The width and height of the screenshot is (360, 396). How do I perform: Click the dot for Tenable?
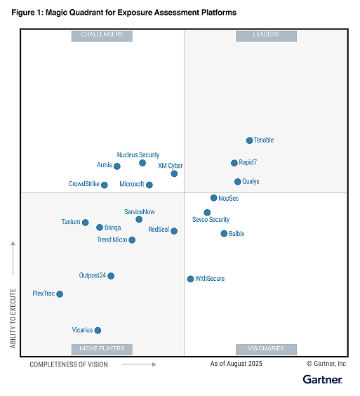(249, 140)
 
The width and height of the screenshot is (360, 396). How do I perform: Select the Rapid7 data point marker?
(234, 163)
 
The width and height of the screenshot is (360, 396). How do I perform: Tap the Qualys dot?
(237, 182)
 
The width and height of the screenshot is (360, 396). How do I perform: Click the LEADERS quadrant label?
(266, 35)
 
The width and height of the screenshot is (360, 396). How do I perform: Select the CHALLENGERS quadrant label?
(102, 35)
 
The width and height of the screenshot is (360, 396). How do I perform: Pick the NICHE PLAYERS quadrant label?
(102, 348)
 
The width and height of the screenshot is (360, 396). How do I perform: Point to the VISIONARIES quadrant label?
(266, 348)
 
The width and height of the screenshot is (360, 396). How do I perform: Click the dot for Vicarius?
(98, 330)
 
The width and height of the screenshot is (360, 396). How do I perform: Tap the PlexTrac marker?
(60, 294)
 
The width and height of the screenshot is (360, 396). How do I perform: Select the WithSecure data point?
(190, 279)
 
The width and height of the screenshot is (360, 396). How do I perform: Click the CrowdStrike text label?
(84, 185)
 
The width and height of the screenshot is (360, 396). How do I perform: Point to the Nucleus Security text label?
(138, 154)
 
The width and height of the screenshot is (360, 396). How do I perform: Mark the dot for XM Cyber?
(174, 173)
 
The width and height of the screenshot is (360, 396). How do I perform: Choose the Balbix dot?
(224, 234)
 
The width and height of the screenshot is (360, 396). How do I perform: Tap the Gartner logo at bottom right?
(322, 380)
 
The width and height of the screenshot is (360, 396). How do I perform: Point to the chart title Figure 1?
(124, 13)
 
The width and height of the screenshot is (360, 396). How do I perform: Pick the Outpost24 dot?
(111, 276)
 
